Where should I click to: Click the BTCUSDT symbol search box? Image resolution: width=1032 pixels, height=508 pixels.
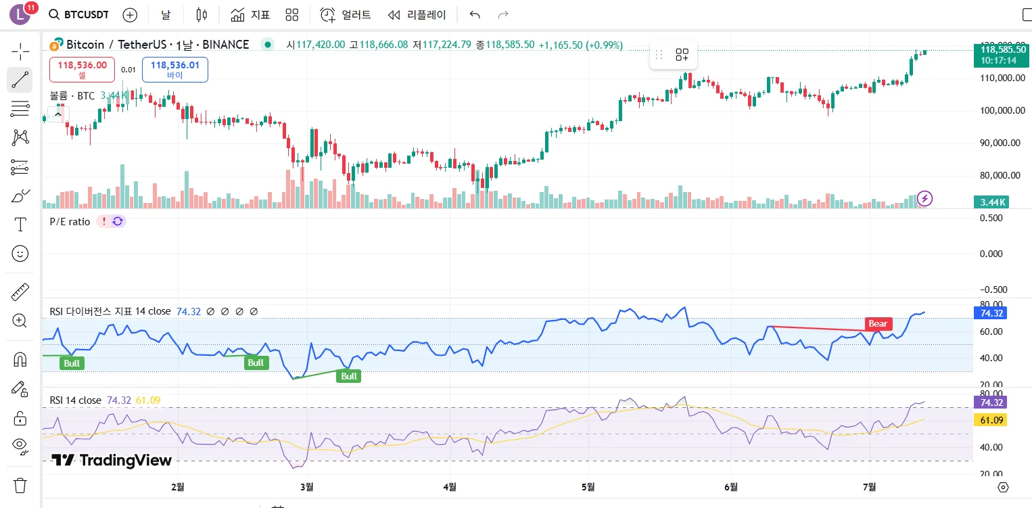[x=78, y=15]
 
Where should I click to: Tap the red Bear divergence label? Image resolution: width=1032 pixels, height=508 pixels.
[x=878, y=323]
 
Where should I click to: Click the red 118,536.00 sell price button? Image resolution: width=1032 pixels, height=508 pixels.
[x=82, y=69]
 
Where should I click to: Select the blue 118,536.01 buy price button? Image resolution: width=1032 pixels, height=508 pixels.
[x=174, y=69]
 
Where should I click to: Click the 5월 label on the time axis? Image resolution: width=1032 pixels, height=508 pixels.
[x=588, y=486]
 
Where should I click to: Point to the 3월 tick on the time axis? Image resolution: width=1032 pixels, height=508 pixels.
[x=307, y=486]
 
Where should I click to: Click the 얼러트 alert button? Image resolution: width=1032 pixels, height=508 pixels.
[x=346, y=15]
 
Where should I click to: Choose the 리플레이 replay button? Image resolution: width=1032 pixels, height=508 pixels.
[x=417, y=15]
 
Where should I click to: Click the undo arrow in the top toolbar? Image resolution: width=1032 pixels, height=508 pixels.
[x=475, y=15]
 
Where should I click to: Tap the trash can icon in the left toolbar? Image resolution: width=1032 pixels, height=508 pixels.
[x=20, y=485]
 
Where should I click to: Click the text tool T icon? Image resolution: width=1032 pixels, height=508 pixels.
[x=20, y=225]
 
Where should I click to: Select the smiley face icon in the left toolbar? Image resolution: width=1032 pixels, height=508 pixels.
[x=20, y=254]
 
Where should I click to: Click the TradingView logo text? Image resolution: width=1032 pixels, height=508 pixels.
[x=112, y=461]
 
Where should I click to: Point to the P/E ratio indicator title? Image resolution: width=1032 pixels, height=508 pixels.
[x=70, y=221]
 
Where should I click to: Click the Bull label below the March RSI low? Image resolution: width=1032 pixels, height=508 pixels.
[x=349, y=376]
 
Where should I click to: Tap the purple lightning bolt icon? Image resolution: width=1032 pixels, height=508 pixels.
[x=924, y=198]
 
